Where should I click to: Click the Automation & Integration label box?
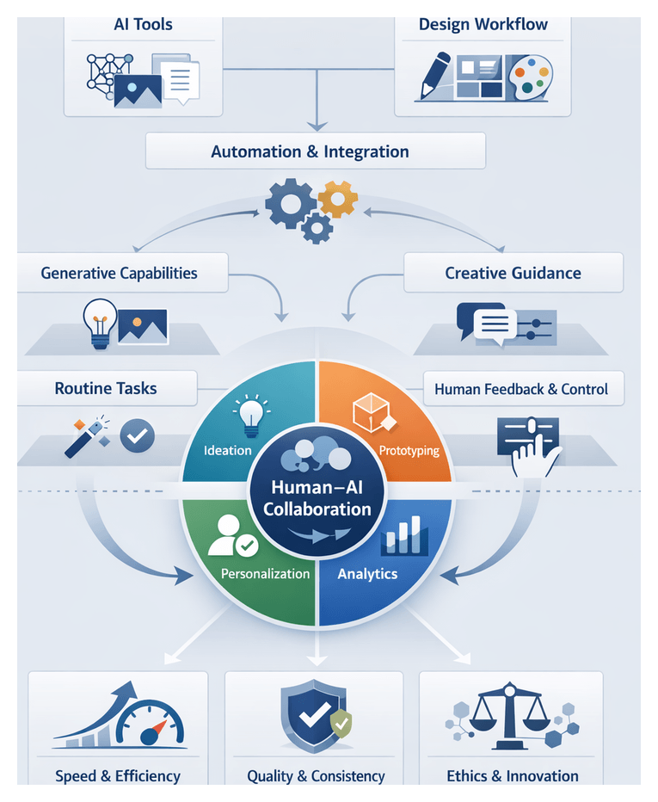tap(315, 151)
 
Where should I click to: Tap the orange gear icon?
tap(337, 200)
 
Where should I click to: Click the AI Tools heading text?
tap(143, 24)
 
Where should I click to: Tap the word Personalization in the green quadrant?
tap(265, 573)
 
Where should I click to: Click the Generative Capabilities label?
tap(120, 273)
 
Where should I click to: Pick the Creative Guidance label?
tap(513, 273)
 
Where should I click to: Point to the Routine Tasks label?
tap(106, 388)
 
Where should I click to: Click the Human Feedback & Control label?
tap(521, 389)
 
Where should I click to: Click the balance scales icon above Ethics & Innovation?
tap(511, 713)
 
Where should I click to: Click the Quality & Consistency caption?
tap(316, 776)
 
